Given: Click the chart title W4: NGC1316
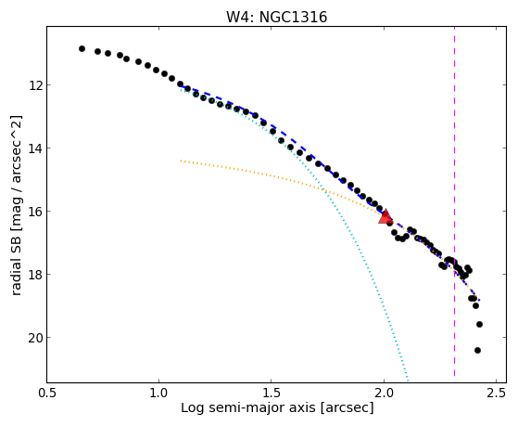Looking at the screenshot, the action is (x=276, y=18).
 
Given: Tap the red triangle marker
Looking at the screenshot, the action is (x=385, y=216).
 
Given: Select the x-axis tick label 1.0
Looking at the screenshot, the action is (x=159, y=393).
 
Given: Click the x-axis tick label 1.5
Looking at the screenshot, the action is (x=271, y=393).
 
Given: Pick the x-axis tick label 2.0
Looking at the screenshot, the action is (x=384, y=393).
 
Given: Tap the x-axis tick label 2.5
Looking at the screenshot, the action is (x=497, y=393).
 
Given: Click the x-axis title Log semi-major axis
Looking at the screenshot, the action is (x=247, y=407).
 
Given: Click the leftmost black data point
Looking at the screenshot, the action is (x=82, y=48).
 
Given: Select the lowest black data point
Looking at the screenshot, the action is (x=477, y=350).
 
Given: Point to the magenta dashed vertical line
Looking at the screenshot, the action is (x=455, y=201).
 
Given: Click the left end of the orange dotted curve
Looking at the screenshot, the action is (x=181, y=161).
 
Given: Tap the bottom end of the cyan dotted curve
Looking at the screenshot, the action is (x=409, y=380).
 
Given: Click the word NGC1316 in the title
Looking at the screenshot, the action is (x=293, y=18).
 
